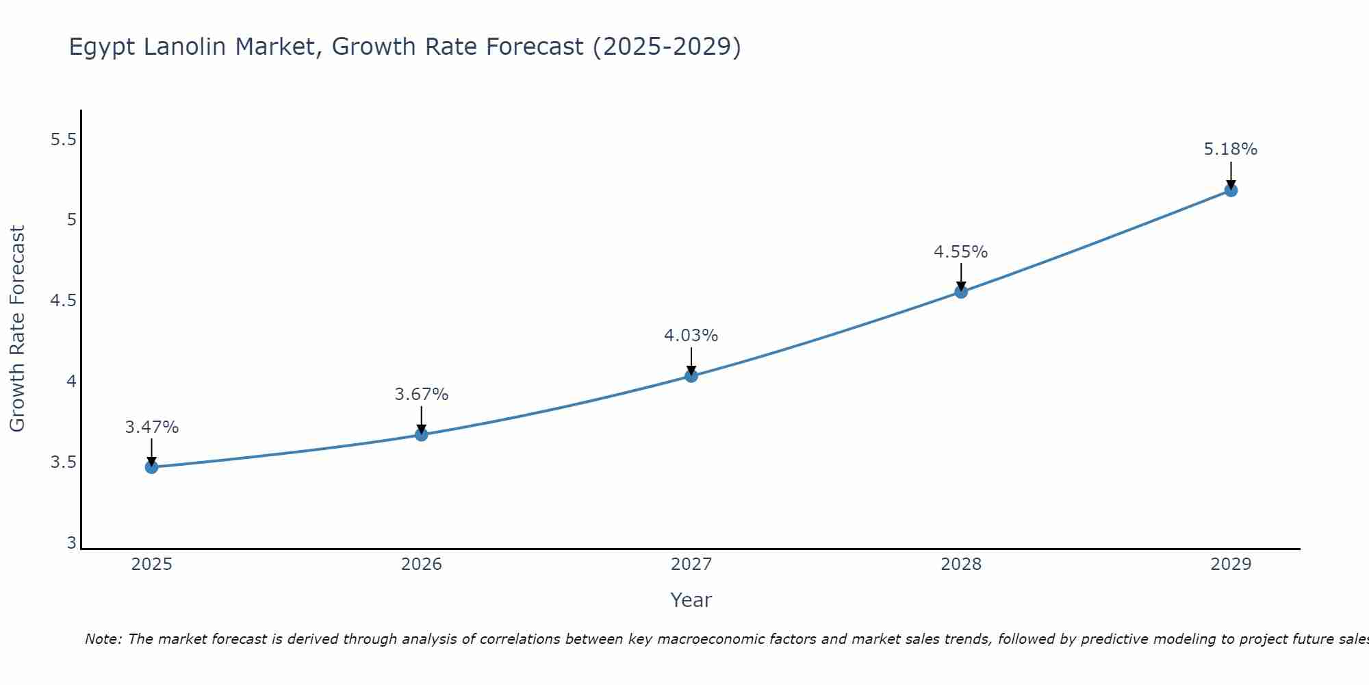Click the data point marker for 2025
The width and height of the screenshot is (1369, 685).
(x=151, y=467)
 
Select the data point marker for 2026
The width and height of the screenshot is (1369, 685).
(x=421, y=434)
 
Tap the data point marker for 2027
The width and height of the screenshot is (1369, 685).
(x=691, y=375)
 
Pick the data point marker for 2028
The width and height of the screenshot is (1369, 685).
(x=960, y=292)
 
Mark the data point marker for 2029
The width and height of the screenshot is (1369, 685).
(x=1230, y=190)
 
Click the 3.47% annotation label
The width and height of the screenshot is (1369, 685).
(x=151, y=427)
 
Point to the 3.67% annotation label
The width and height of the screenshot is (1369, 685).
(x=421, y=395)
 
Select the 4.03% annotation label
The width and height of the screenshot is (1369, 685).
(x=691, y=336)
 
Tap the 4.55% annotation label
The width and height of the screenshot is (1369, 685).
(x=960, y=252)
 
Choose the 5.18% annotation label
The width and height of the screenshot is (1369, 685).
(x=1230, y=149)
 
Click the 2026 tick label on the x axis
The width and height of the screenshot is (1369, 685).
(x=421, y=564)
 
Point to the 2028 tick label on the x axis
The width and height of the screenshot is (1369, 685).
(x=960, y=564)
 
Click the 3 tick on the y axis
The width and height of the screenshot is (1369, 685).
(x=71, y=543)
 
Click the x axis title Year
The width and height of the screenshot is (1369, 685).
(x=691, y=600)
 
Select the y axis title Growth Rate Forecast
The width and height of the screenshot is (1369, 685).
(x=17, y=329)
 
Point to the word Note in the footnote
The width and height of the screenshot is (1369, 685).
(x=103, y=639)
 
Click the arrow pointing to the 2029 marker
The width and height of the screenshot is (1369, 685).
(x=1230, y=174)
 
